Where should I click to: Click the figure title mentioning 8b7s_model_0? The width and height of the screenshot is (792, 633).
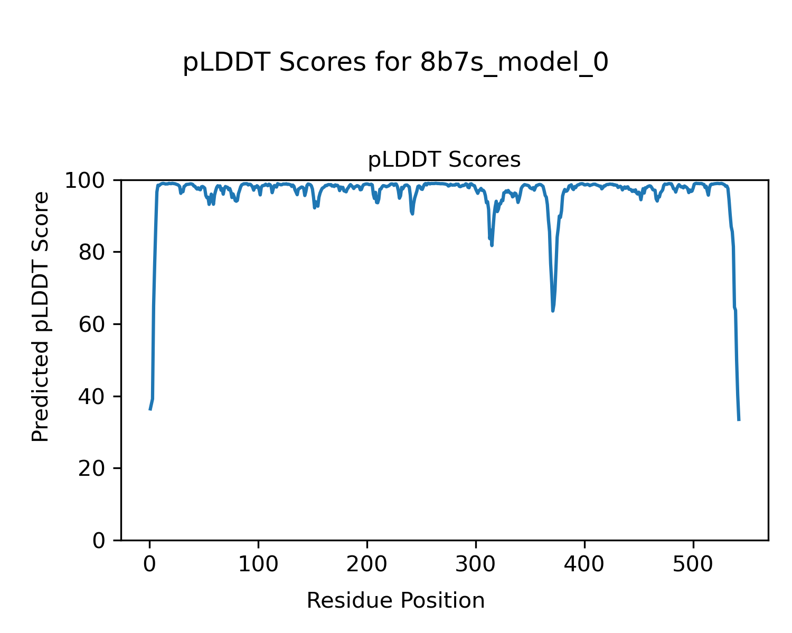point(395,63)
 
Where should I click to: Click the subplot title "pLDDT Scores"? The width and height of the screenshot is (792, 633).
point(444,160)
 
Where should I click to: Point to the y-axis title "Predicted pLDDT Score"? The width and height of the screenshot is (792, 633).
point(41,316)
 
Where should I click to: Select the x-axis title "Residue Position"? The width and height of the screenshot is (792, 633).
point(395,600)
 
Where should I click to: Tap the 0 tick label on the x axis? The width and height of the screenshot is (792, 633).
point(150,564)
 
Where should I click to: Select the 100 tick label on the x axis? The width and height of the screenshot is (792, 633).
point(258,564)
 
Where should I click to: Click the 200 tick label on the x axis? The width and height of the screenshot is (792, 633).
point(367,564)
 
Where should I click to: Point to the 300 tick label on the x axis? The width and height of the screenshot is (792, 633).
point(476,564)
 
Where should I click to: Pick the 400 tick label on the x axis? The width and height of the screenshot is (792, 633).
point(584,564)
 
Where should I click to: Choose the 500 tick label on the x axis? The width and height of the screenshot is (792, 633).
point(693,564)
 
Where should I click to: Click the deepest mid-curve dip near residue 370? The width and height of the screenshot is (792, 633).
point(553,311)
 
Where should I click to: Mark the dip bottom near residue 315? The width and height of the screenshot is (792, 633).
point(492,245)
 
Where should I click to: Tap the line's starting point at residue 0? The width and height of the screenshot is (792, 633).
point(150,410)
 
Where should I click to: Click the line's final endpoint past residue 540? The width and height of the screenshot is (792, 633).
point(739,420)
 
